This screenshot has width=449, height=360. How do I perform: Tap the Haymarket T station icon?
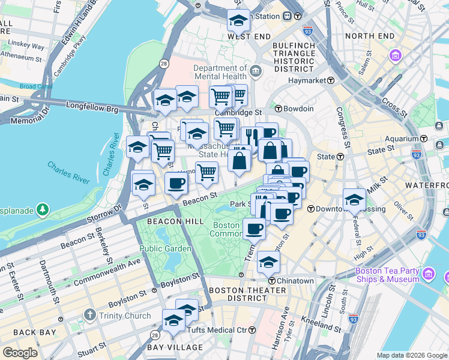coord(330,80)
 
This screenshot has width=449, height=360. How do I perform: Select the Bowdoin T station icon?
coord(279,109)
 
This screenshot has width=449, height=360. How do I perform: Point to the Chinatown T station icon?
coord(271,281)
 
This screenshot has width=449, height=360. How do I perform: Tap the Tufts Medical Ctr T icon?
coord(252,330)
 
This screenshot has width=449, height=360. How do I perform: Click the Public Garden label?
coord(166,248)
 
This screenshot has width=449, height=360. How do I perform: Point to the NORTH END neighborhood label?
coord(370,36)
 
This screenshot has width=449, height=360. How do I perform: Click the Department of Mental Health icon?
coord(256,72)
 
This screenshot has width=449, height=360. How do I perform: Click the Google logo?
coord(20,352)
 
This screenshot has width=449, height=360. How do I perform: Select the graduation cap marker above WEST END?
coord(238,21)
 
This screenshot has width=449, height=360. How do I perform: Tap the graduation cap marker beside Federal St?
coord(354,199)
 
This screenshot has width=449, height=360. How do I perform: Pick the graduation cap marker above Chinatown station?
coord(268,261)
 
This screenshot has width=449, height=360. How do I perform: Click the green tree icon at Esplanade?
coord(43,209)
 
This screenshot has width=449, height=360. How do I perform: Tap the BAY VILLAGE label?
coord(175,347)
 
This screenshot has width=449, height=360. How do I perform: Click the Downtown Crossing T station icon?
coord(311,209)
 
